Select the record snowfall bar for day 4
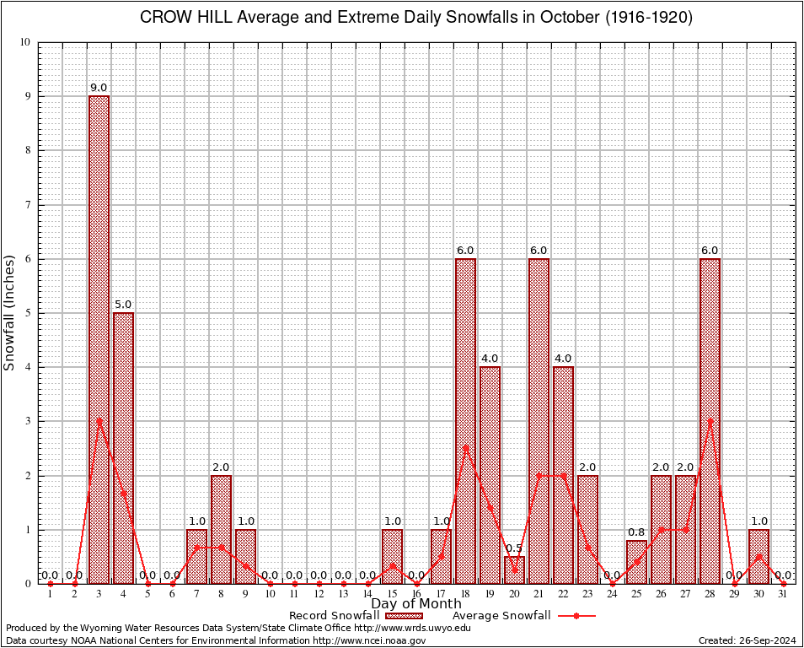coord(123,447)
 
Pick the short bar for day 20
coord(514,570)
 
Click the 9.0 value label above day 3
coord(99,88)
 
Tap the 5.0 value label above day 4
coord(123,305)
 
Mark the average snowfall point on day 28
coord(710,421)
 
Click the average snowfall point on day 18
coord(465,448)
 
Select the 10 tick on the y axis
coord(24,42)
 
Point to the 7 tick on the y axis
coord(27,205)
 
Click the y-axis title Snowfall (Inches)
coord(9,312)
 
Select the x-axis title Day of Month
coord(416,603)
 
